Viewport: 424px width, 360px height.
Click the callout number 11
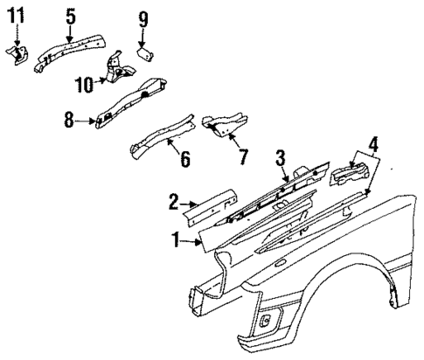pyautogui.click(x=17, y=16)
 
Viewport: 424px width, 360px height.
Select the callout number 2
pyautogui.click(x=173, y=204)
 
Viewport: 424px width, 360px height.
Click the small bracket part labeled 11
pyautogui.click(x=17, y=54)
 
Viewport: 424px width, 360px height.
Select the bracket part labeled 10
pyautogui.click(x=113, y=70)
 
